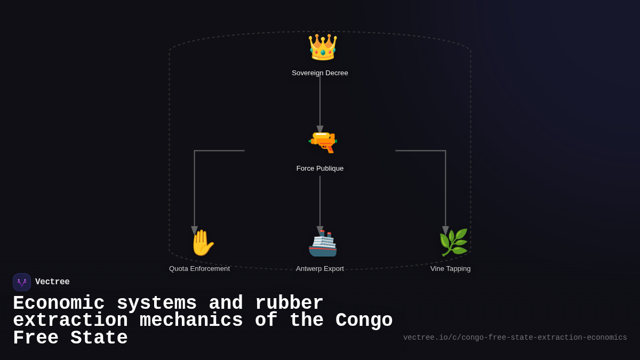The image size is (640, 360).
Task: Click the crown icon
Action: (322, 47)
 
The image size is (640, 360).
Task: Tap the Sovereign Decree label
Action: (320, 73)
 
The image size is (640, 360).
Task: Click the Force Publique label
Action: (320, 169)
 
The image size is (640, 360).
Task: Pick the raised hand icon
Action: (202, 243)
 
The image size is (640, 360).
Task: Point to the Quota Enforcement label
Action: (199, 269)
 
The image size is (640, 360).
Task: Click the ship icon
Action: (323, 244)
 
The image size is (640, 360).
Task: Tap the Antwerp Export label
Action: (320, 269)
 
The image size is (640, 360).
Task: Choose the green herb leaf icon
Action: (453, 243)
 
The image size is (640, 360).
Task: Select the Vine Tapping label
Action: (451, 269)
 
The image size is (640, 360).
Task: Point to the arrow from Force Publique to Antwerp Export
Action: (320, 203)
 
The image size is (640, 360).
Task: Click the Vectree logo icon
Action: (22, 282)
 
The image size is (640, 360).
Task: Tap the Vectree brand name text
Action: (52, 282)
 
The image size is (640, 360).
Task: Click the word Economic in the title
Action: (59, 303)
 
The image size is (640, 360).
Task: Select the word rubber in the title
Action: (289, 303)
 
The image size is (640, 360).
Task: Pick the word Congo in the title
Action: (364, 321)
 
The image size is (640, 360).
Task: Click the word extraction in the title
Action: (70, 321)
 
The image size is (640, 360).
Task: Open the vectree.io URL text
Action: (515, 338)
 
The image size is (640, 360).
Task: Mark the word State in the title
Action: (99, 338)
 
